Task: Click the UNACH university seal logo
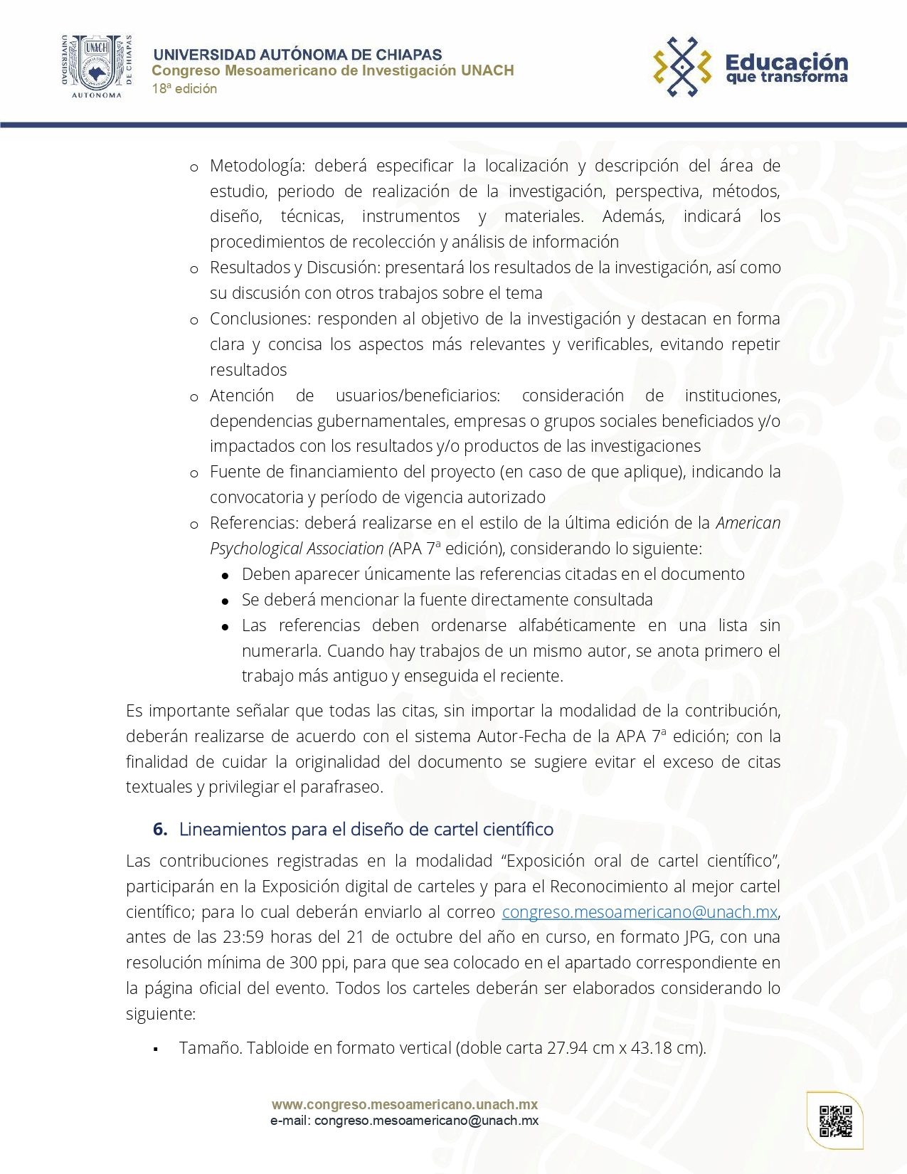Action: [96, 66]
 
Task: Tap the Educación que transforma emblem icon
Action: [682, 67]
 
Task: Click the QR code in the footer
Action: [835, 1121]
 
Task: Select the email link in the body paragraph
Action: [640, 911]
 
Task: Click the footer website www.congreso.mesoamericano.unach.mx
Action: [404, 1104]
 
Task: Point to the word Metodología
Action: [257, 166]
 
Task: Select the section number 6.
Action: [160, 829]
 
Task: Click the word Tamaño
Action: [210, 1048]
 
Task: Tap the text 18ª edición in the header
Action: [184, 89]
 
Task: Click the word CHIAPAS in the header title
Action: [408, 55]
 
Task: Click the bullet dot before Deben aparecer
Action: [225, 575]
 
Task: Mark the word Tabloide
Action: [278, 1048]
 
